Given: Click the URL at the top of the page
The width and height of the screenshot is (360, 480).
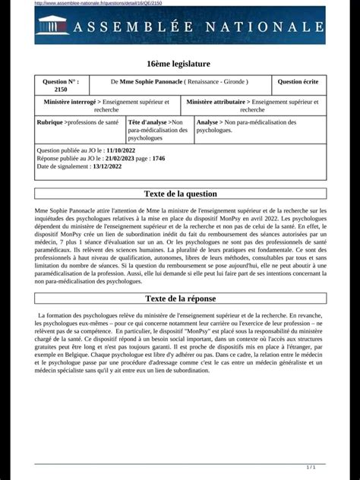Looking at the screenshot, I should (98, 3).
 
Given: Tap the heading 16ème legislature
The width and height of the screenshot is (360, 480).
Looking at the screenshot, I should (179, 63).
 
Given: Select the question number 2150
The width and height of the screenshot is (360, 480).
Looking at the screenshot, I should (60, 89).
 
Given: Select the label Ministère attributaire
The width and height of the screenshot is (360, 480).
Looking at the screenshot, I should (216, 101).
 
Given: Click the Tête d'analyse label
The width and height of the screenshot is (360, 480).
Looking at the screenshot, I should (149, 122).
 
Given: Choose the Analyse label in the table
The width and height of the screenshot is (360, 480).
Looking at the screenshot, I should (208, 122).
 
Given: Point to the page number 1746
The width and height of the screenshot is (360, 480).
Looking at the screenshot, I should (158, 159).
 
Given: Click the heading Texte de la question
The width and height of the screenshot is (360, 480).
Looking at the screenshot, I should (180, 194).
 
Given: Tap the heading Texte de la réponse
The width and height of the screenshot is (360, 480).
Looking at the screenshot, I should (180, 298).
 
